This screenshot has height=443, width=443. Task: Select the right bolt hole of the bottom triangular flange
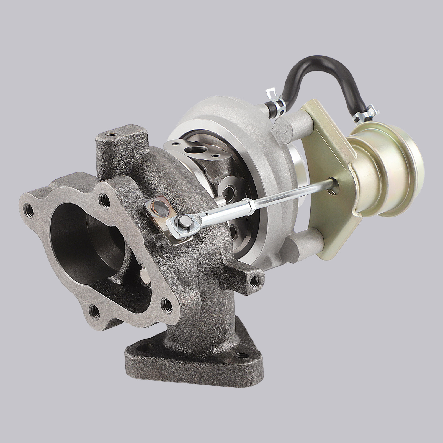(240, 355)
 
